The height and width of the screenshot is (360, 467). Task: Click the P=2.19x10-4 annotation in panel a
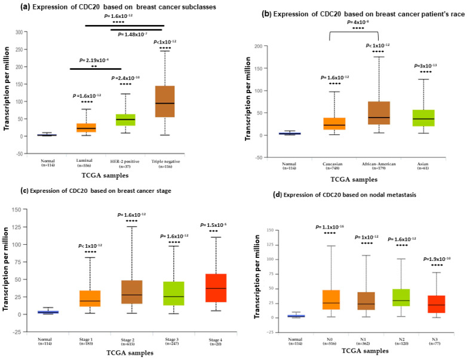pyautogui.click(x=96, y=60)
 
